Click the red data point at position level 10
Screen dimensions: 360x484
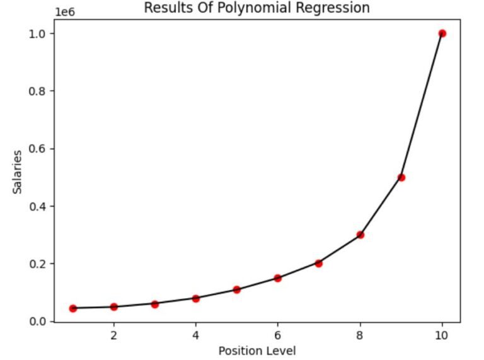(442, 33)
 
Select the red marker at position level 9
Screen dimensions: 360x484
(401, 177)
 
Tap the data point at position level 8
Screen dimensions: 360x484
(360, 235)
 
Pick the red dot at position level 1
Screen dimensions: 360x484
(73, 308)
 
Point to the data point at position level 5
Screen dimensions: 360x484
(237, 290)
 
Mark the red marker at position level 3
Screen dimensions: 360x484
(155, 304)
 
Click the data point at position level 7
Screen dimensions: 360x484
(319, 264)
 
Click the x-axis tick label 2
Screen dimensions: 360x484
(114, 335)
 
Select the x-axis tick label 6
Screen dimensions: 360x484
(278, 335)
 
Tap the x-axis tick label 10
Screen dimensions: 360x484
(442, 335)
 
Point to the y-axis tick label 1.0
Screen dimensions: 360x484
(39, 33)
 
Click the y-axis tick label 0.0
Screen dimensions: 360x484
(39, 322)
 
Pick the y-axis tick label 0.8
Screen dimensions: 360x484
(39, 91)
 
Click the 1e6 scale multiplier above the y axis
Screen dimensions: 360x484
(64, 11)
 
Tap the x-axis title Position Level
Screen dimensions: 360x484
(257, 351)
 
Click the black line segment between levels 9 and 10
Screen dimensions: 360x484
(422, 105)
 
